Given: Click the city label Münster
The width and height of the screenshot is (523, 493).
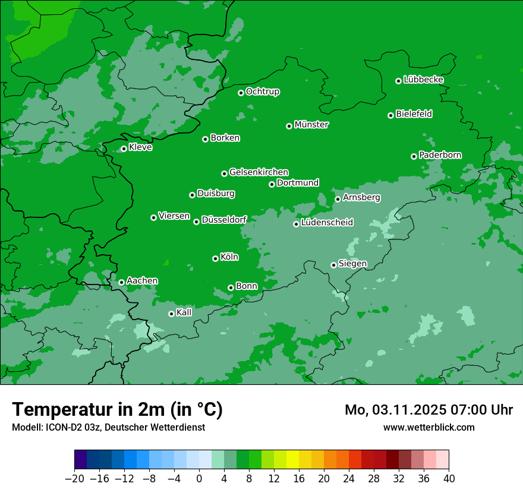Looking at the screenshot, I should [311, 125].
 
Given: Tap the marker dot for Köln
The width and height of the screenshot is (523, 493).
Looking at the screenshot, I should [215, 258].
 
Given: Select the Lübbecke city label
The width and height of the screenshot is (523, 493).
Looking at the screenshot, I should [423, 80].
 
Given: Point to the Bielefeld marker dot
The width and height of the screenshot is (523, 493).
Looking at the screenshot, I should [391, 115].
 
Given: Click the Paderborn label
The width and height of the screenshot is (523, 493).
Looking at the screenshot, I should [440, 155].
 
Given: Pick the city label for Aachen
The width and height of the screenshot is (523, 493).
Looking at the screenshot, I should [142, 281].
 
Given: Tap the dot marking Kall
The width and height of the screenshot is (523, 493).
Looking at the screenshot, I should [171, 314].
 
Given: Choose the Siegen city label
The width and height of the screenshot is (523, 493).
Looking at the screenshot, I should [352, 264].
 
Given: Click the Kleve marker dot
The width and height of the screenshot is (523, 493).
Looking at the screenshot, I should [124, 149].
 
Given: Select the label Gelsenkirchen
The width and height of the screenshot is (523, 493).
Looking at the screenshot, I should [259, 172].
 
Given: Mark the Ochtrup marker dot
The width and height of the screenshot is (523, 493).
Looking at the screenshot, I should [241, 93].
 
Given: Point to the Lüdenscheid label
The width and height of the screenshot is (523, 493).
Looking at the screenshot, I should [327, 223].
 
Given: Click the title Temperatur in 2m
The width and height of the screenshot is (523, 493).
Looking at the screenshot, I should [118, 409].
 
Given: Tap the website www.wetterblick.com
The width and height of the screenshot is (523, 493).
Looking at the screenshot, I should [429, 427].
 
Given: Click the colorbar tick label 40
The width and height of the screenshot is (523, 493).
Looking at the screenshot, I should [449, 479].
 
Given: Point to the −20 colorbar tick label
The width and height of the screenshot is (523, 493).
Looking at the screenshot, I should [74, 479].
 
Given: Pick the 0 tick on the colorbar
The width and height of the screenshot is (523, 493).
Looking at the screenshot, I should [199, 479].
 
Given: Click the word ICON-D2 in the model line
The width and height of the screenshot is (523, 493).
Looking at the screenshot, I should [58, 427].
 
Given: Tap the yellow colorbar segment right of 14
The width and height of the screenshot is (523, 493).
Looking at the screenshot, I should [292, 460].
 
